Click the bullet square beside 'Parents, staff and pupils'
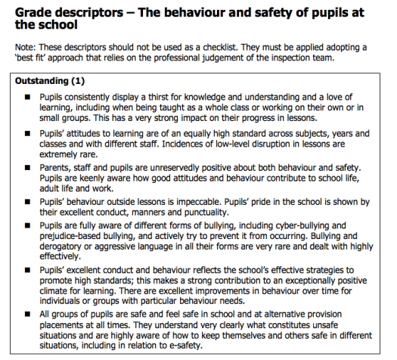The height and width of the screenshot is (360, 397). coord(28,167)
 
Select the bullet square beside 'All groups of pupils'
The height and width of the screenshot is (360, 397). coord(28,311)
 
